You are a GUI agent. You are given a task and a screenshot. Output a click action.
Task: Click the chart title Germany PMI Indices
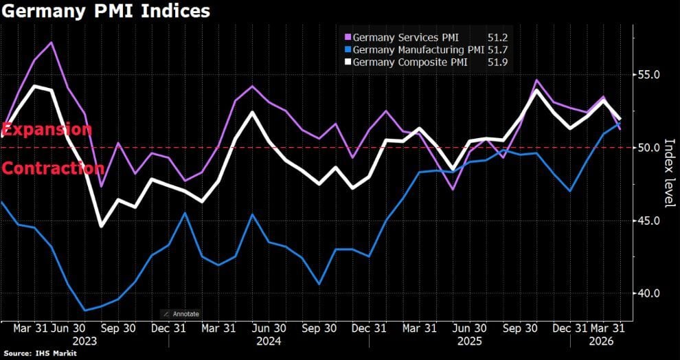[106, 12]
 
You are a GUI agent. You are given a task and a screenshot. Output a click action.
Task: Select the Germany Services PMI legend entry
[406, 37]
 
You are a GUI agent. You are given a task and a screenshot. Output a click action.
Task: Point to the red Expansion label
[46, 129]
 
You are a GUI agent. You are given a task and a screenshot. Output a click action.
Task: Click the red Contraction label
[52, 168]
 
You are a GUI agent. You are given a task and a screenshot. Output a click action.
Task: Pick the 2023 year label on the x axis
[83, 341]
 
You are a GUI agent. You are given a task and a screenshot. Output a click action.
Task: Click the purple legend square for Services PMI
[348, 37]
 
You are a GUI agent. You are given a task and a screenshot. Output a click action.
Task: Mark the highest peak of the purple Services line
[51, 43]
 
